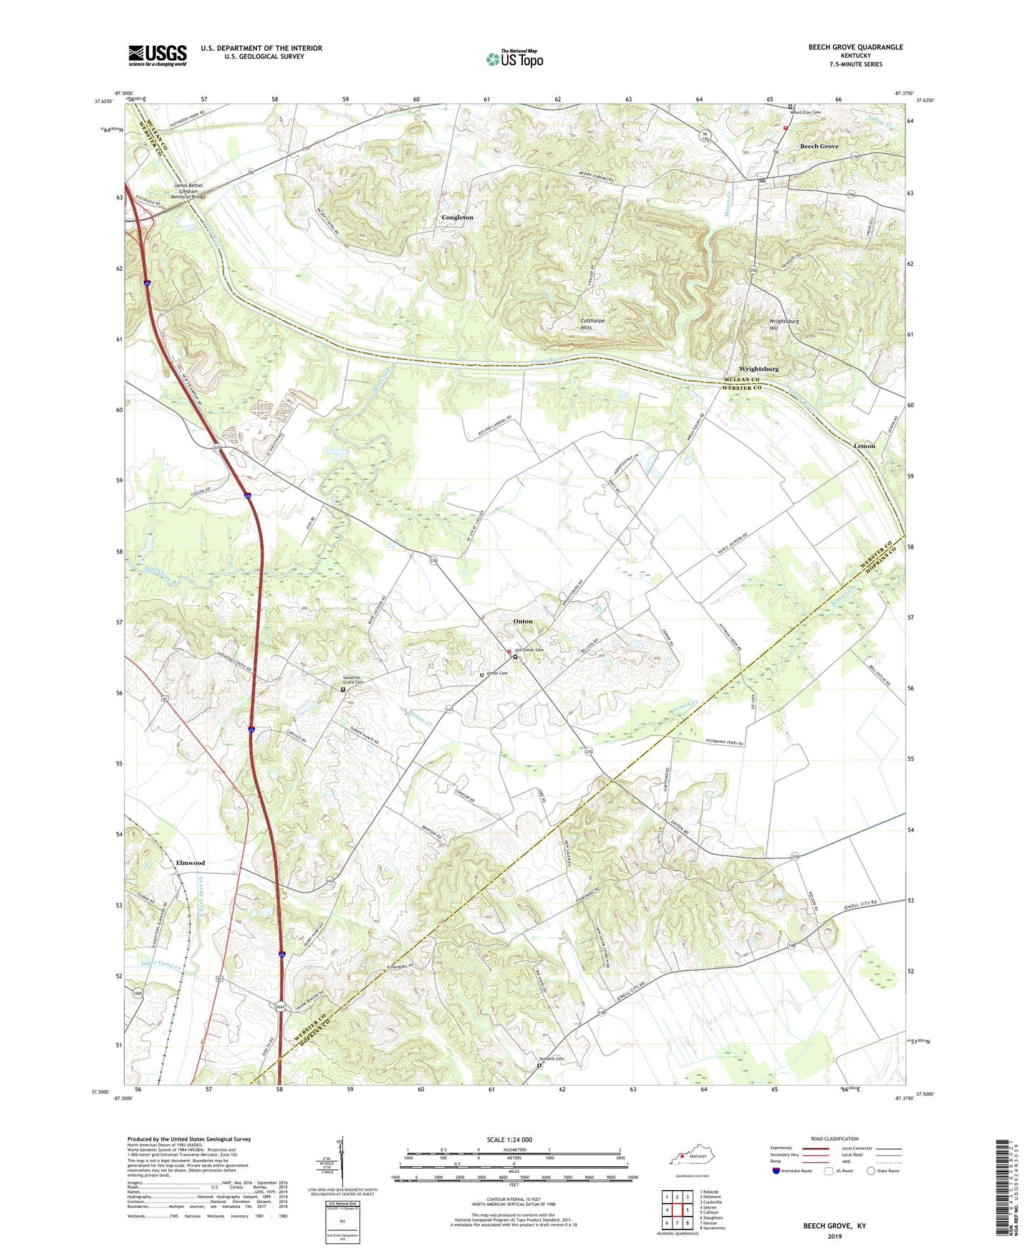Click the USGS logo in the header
coord(158,55)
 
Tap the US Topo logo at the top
coord(514,59)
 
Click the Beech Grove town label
coord(819,146)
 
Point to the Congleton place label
coord(457,217)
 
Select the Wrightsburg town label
coord(759,369)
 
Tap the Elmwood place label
coord(191,863)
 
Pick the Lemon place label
coord(864,446)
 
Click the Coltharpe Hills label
coord(592,324)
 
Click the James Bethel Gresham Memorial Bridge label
coord(188,191)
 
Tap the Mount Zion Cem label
coord(805,112)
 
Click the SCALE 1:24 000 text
coord(509,1139)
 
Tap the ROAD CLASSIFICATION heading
coord(834,1139)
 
